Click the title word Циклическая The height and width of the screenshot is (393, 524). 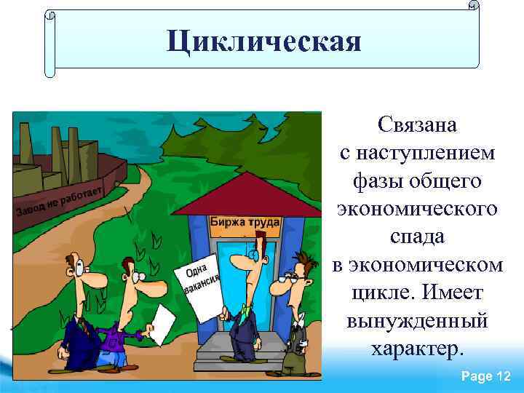click(x=263, y=41)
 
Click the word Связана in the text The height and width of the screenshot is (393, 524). click(x=418, y=124)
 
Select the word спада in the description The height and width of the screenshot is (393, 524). click(x=417, y=237)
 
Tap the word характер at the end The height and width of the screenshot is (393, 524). click(x=416, y=348)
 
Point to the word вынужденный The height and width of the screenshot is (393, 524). click(x=418, y=320)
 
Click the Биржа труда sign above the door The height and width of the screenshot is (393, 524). click(x=245, y=222)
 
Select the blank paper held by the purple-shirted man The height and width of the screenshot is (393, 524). click(x=164, y=320)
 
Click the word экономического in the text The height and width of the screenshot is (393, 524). click(x=418, y=209)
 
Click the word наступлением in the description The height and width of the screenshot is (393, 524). click(x=418, y=153)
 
